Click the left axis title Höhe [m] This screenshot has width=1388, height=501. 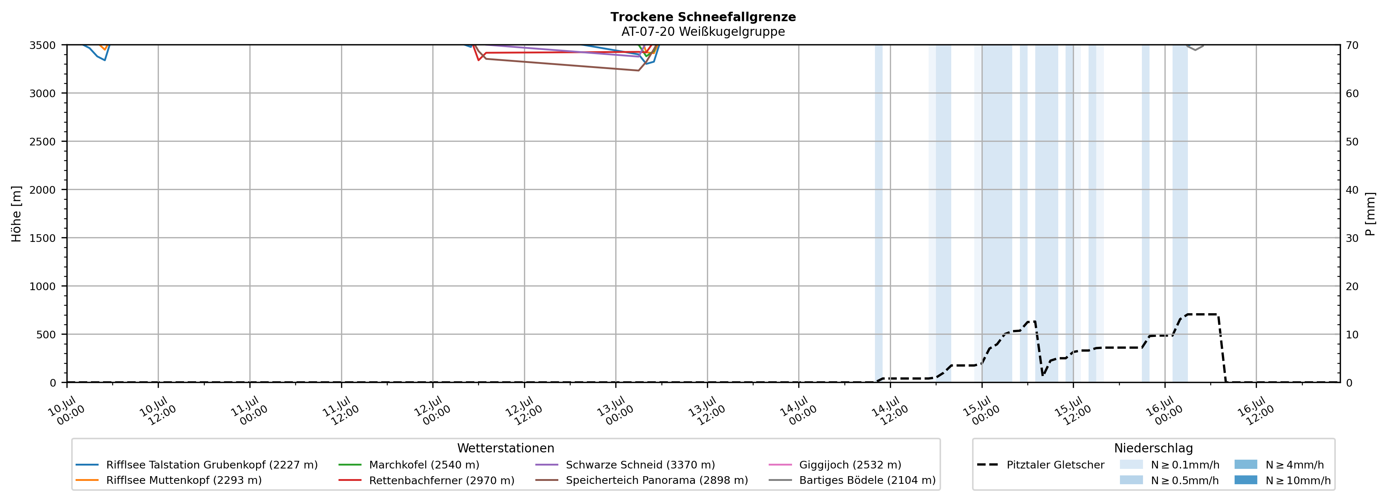click(x=17, y=214)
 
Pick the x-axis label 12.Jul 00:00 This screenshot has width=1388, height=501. click(x=432, y=411)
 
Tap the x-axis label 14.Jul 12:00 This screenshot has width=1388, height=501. click(x=890, y=411)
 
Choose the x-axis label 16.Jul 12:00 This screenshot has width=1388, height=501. click(x=1255, y=411)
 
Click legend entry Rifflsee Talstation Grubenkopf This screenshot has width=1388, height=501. click(x=197, y=465)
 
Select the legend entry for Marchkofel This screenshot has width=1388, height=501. click(x=409, y=465)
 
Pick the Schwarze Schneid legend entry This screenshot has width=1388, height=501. click(x=625, y=465)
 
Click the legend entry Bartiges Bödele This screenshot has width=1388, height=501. click(x=852, y=480)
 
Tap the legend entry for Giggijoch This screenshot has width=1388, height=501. click(x=835, y=465)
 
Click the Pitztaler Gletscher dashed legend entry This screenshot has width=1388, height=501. click(x=1040, y=465)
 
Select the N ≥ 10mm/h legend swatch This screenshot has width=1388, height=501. click(x=1246, y=480)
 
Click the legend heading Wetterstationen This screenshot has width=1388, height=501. click(x=505, y=448)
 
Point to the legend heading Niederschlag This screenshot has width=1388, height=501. click(x=1154, y=448)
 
